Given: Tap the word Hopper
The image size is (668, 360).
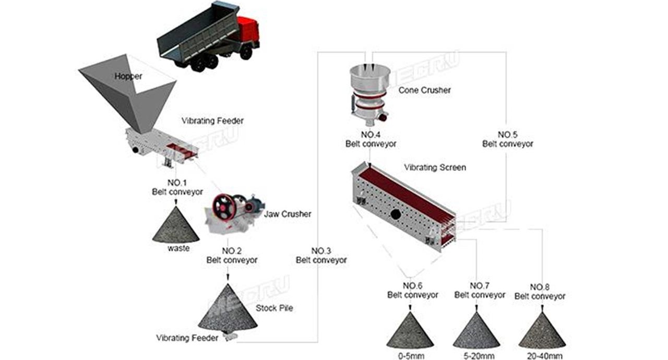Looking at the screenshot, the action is point(128,76).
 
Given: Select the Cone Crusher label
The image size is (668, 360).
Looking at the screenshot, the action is point(424,90).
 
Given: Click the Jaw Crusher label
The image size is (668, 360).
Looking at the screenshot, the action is point(287,214).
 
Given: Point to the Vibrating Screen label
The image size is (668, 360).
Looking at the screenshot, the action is point(435,167).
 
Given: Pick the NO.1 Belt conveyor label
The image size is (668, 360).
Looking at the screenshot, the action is point(177,187).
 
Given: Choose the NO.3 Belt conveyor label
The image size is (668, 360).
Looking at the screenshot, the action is point(321,256).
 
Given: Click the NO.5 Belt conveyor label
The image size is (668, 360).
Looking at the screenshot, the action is point(508,139).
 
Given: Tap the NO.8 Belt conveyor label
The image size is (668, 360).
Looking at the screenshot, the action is point(540,292).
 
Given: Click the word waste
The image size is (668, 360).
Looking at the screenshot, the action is point(178,248).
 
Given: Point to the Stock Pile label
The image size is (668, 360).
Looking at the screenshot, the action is point(275,308).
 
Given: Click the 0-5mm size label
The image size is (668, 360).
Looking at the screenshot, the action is point(411,356).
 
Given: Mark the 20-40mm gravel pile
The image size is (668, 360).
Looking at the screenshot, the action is point(542,330).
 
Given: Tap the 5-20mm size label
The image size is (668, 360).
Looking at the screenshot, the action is point(479,356).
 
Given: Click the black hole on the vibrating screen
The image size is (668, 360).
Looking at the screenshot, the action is point(396,214).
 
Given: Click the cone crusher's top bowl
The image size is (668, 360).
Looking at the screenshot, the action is point(370,77).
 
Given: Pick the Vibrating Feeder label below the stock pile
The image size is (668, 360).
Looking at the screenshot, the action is point(187,338).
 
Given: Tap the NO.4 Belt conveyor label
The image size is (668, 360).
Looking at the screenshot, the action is point(371,139).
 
